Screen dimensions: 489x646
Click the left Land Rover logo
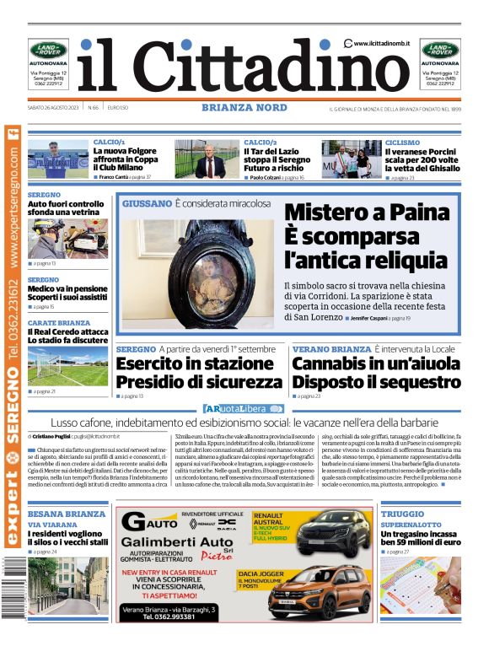(x=48, y=50)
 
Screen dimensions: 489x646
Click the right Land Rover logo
(x=440, y=50)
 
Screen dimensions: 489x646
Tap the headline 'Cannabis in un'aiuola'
(x=376, y=364)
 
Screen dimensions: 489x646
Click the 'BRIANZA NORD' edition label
(x=244, y=108)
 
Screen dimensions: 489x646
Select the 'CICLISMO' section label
(x=401, y=143)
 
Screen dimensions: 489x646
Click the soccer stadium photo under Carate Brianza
(x=56, y=365)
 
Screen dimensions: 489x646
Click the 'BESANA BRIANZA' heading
(x=67, y=514)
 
